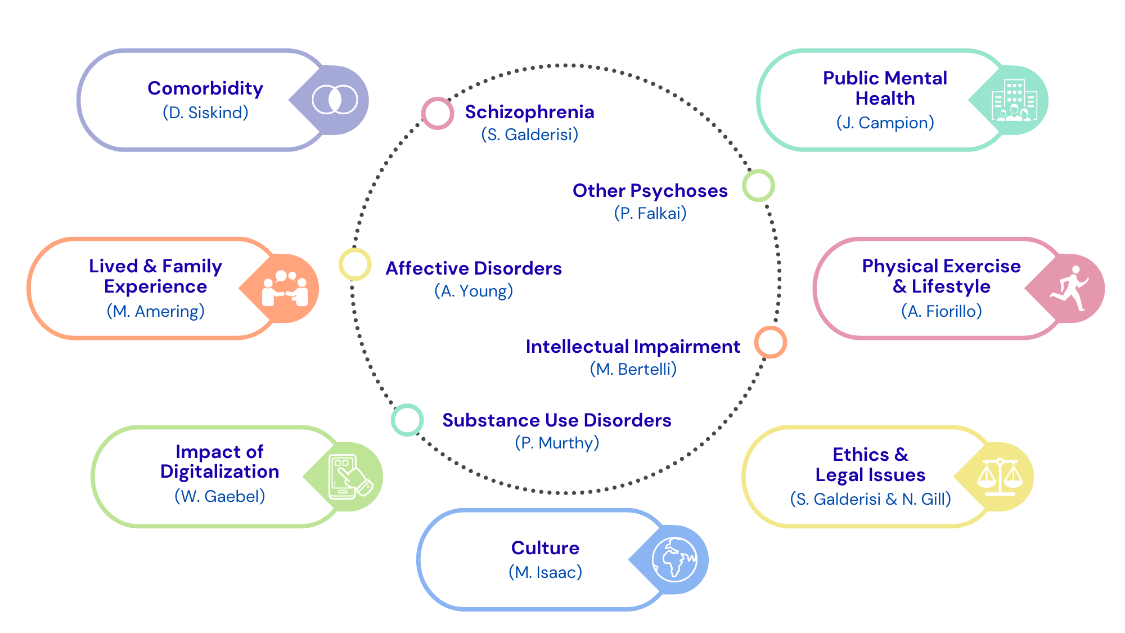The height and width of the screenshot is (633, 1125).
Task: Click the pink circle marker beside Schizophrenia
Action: point(438,113)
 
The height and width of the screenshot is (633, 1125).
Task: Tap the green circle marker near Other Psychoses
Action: point(758,186)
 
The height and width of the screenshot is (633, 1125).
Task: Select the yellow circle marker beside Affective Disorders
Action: point(355,264)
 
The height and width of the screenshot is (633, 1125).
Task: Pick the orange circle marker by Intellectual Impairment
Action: point(770,342)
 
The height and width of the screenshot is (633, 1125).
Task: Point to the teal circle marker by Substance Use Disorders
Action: point(407,420)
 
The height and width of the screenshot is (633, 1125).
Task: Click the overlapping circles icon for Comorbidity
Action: point(335,100)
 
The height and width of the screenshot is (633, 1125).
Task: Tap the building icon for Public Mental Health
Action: point(1014,100)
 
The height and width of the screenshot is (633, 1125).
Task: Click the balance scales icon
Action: point(1000,477)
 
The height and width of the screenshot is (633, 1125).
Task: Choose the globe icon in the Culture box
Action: point(674,559)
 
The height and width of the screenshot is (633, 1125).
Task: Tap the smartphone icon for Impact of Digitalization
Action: point(349,477)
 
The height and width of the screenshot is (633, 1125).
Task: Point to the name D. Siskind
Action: point(205,113)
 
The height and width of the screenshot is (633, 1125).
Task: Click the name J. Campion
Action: point(885,123)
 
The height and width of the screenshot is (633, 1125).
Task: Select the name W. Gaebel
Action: point(219,496)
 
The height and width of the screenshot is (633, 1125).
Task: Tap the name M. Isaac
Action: point(545,572)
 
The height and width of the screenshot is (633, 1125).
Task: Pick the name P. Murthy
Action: point(557,443)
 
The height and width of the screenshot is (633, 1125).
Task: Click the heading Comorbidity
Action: point(205,88)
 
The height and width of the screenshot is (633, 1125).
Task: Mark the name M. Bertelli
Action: point(633,369)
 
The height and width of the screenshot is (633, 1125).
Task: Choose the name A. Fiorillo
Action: point(941,311)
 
